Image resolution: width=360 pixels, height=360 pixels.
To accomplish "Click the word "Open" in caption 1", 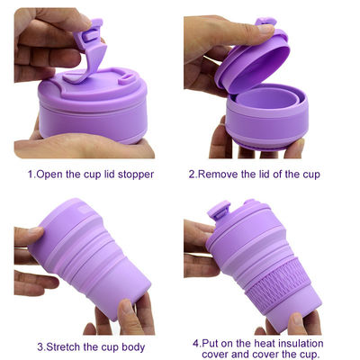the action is tap(49, 175).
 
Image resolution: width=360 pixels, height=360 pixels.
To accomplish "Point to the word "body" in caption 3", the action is tap(133, 347).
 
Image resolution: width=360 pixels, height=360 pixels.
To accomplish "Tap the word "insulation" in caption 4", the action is tap(300, 343).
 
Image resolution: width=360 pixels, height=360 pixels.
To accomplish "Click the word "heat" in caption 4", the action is tap(265, 343).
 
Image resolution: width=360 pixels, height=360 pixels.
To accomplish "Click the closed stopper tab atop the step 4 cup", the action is tap(220, 211).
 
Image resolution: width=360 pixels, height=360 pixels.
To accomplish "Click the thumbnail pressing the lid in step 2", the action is tap(265, 29).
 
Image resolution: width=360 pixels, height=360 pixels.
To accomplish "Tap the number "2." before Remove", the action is tap(193, 175).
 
